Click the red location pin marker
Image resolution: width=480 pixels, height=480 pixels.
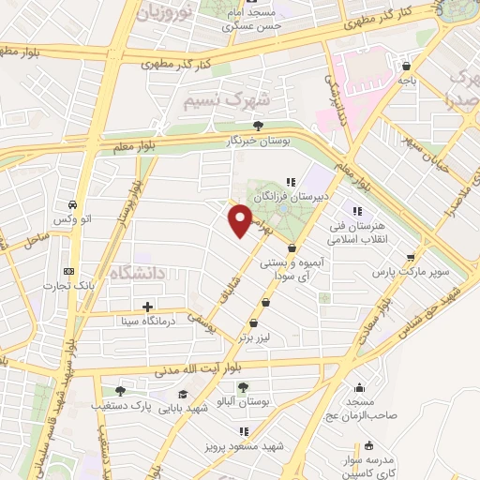(x=241, y=220)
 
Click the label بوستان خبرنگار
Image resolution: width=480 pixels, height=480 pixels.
(x=258, y=140)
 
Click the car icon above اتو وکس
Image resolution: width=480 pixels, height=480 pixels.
(x=71, y=204)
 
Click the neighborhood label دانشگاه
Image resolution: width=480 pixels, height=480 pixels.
(x=138, y=274)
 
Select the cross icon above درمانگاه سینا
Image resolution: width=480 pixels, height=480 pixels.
(x=147, y=306)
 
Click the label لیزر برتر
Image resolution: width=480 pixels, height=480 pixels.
(x=258, y=335)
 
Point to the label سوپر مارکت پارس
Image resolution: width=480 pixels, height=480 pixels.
(x=412, y=272)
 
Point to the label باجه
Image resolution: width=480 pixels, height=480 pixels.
(x=406, y=81)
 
